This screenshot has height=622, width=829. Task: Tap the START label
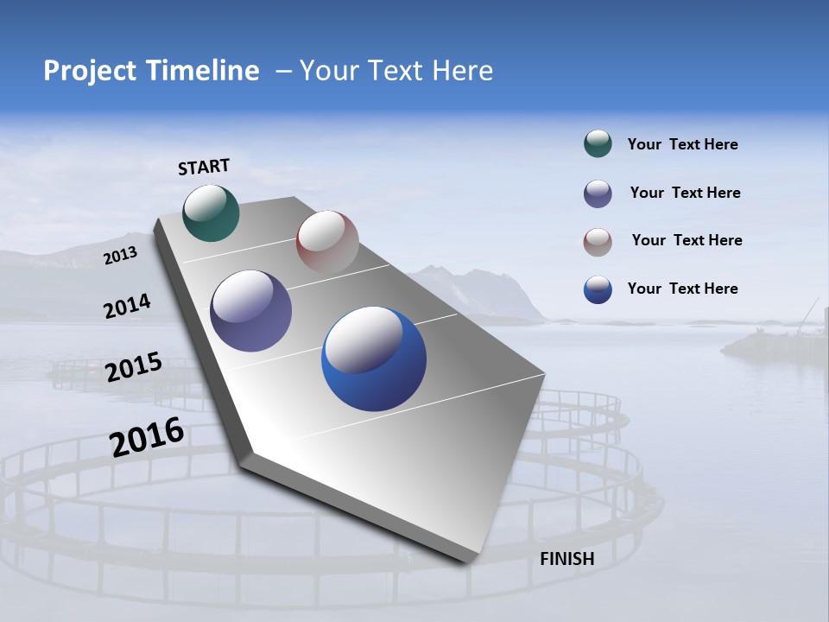[204, 167]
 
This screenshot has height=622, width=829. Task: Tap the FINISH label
[566, 559]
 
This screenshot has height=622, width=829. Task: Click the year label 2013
[120, 256]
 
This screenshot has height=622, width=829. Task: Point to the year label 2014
[127, 307]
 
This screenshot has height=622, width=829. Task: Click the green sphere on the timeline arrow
[211, 213]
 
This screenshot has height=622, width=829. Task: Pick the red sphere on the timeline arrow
[327, 241]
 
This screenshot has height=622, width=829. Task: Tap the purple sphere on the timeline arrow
[251, 311]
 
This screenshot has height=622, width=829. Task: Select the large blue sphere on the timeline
[374, 359]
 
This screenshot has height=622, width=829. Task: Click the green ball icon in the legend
[598, 144]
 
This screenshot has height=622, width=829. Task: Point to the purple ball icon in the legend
[598, 194]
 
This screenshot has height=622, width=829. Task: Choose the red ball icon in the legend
[598, 241]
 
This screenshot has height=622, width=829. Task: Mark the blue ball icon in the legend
[598, 289]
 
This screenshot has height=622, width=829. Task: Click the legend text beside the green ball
[682, 145]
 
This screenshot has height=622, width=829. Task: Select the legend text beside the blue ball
[682, 289]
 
